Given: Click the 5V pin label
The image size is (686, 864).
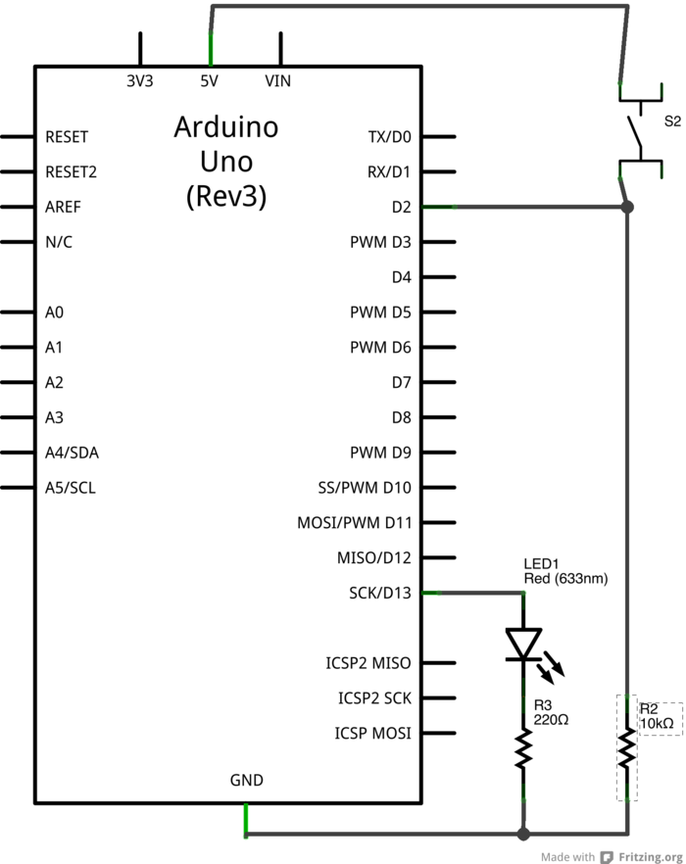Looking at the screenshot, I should [x=209, y=82].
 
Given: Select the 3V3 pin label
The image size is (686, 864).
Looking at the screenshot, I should [x=140, y=82].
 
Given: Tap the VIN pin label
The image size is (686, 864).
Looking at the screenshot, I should [x=278, y=82].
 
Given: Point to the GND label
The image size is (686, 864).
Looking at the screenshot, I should [x=246, y=780].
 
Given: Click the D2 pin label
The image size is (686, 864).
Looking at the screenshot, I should [x=401, y=207].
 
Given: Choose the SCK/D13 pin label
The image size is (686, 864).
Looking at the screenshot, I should [x=380, y=593].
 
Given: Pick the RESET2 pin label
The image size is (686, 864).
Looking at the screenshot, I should [x=72, y=171].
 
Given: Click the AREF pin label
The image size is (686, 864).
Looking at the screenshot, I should [x=64, y=207].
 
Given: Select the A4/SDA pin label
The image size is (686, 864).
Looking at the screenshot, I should [x=72, y=453].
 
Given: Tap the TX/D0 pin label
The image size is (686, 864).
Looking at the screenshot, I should [x=390, y=137].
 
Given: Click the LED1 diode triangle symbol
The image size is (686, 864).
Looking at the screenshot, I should [x=523, y=645].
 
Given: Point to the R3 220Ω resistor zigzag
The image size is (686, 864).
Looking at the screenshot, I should [x=523, y=750].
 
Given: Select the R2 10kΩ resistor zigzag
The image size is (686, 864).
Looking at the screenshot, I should [x=626, y=750].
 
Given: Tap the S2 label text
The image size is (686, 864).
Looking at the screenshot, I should [x=672, y=121].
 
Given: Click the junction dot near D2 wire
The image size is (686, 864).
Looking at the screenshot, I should [x=628, y=207].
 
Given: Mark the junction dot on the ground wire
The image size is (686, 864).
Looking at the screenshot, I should [x=523, y=834].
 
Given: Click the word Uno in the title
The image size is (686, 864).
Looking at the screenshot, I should [x=225, y=162].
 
